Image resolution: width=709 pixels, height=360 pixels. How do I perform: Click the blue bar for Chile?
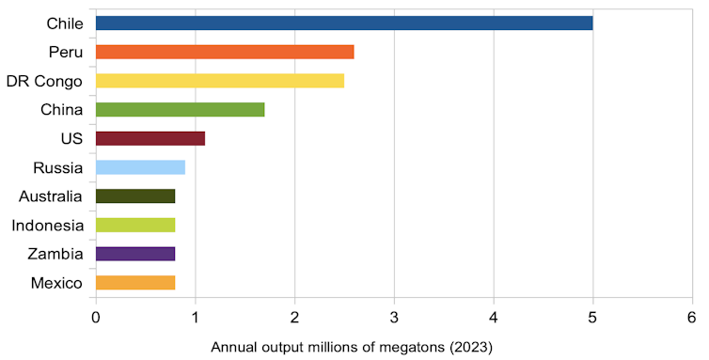click(344, 23)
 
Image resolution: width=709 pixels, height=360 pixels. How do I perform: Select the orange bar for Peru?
click(225, 52)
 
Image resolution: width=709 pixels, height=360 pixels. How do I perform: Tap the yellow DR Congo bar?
click(220, 81)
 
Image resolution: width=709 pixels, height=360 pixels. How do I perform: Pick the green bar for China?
click(180, 109)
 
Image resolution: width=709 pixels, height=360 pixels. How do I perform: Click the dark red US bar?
click(150, 138)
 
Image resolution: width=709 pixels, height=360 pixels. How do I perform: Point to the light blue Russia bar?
click(140, 167)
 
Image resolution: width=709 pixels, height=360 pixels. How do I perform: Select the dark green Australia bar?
click(135, 196)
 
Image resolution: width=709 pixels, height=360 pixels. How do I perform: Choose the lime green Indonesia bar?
click(135, 225)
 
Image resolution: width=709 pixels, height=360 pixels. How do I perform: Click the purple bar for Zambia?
click(135, 254)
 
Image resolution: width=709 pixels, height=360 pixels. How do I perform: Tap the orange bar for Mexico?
click(135, 283)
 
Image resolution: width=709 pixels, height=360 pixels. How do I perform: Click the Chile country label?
click(64, 23)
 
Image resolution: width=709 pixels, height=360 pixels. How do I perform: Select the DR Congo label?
click(44, 81)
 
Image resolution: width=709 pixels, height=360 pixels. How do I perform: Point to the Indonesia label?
click(48, 226)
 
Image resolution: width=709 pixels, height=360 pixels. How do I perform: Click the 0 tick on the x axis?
click(96, 317)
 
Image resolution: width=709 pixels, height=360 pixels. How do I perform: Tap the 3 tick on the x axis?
click(394, 317)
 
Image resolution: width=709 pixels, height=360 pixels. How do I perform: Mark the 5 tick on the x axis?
click(592, 317)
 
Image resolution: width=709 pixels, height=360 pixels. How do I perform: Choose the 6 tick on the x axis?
click(691, 317)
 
